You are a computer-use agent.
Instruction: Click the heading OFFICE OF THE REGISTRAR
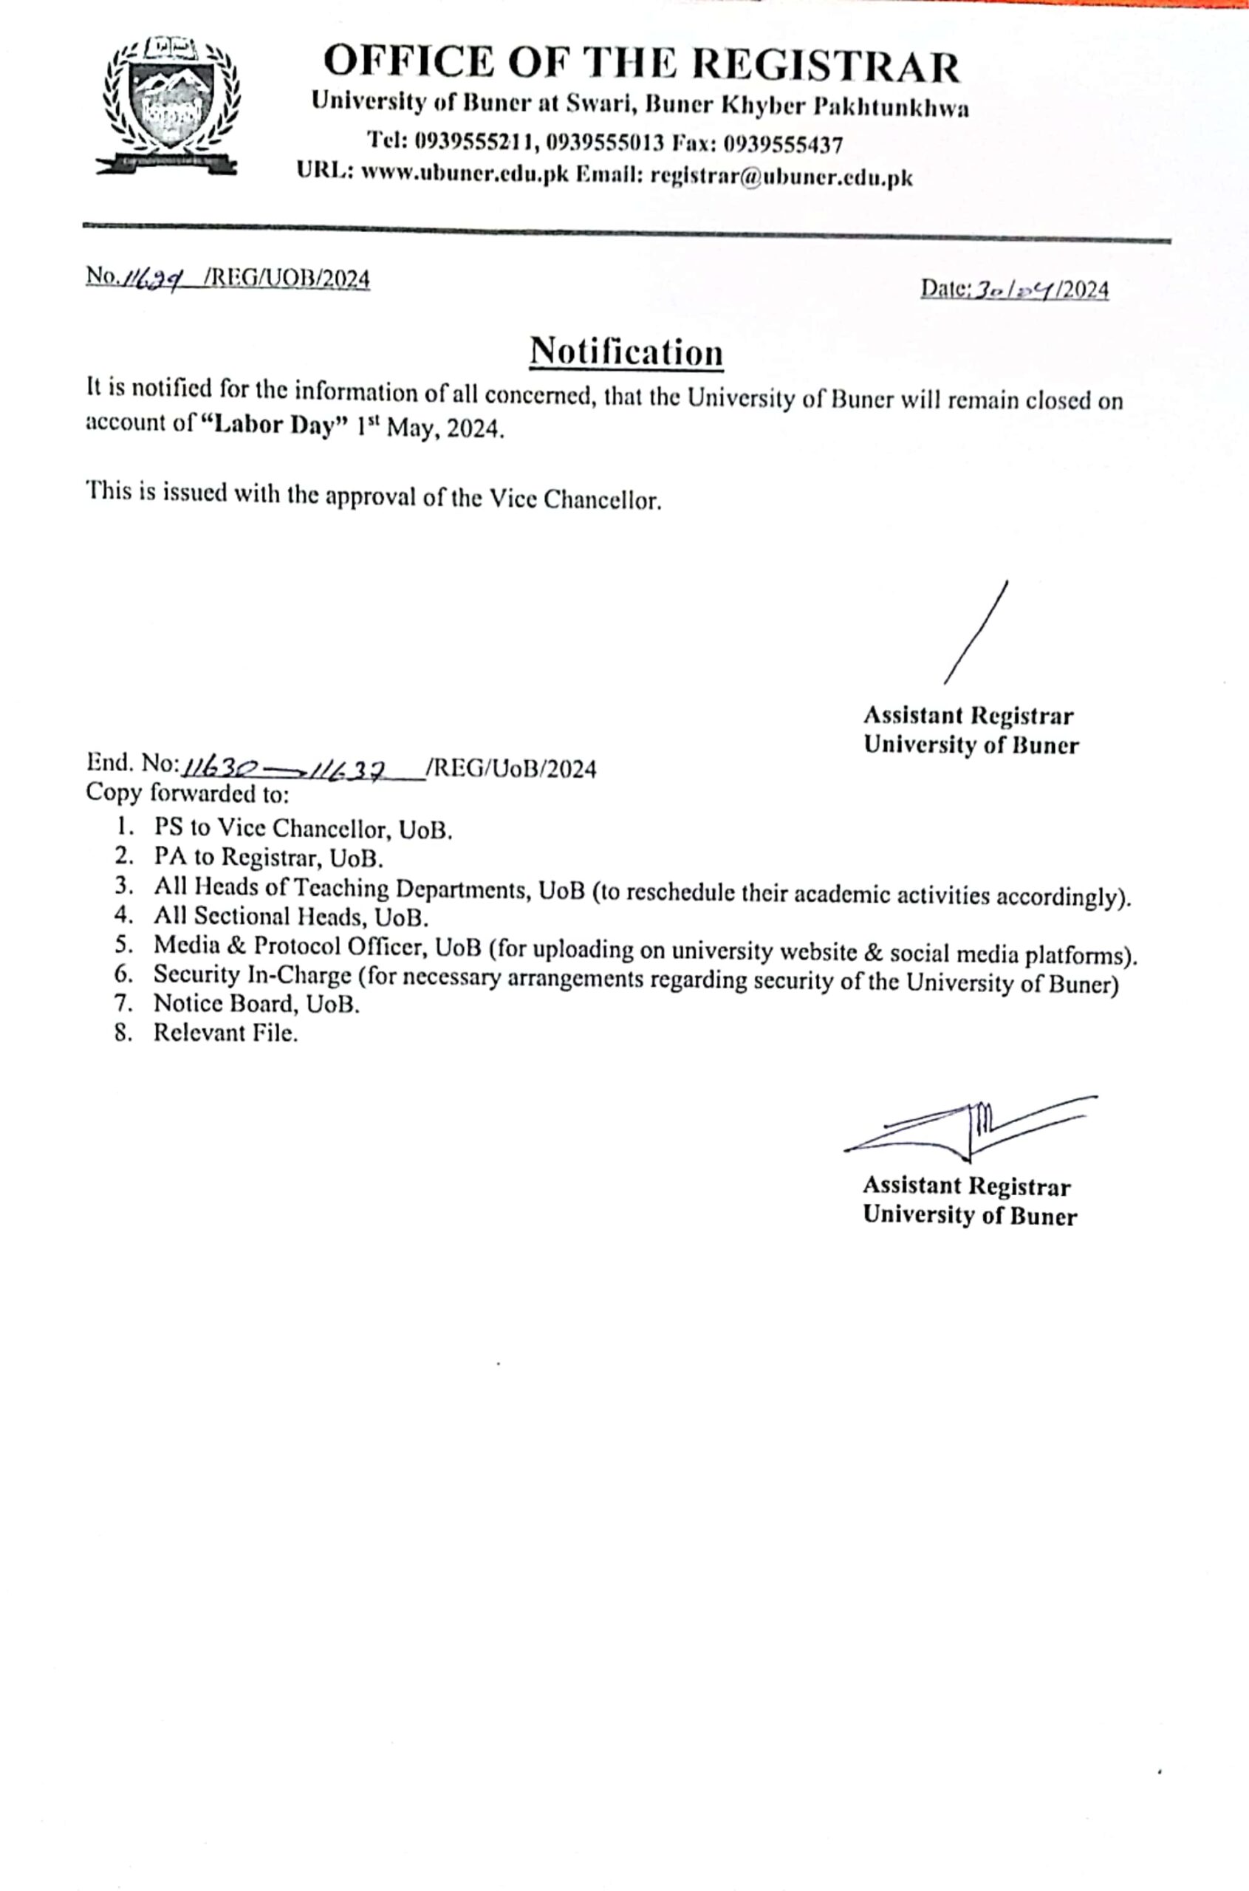(x=642, y=65)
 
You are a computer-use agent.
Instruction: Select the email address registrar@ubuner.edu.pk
(x=781, y=176)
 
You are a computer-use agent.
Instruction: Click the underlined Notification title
(x=627, y=352)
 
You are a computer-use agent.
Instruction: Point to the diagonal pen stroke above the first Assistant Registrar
(x=976, y=632)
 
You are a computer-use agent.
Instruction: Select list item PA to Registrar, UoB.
(x=270, y=858)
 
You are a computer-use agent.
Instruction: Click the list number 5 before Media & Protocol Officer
(x=123, y=945)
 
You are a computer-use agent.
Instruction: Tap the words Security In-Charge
(x=253, y=974)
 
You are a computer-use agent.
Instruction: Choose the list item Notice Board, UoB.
(x=256, y=1004)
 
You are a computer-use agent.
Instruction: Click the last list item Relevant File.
(x=225, y=1033)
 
